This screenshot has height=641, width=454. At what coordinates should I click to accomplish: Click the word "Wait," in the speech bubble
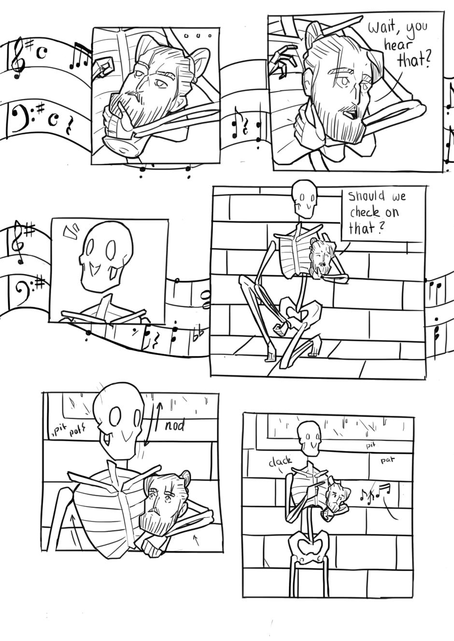coord(381,28)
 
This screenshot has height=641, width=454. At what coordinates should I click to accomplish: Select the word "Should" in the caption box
coord(366,197)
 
